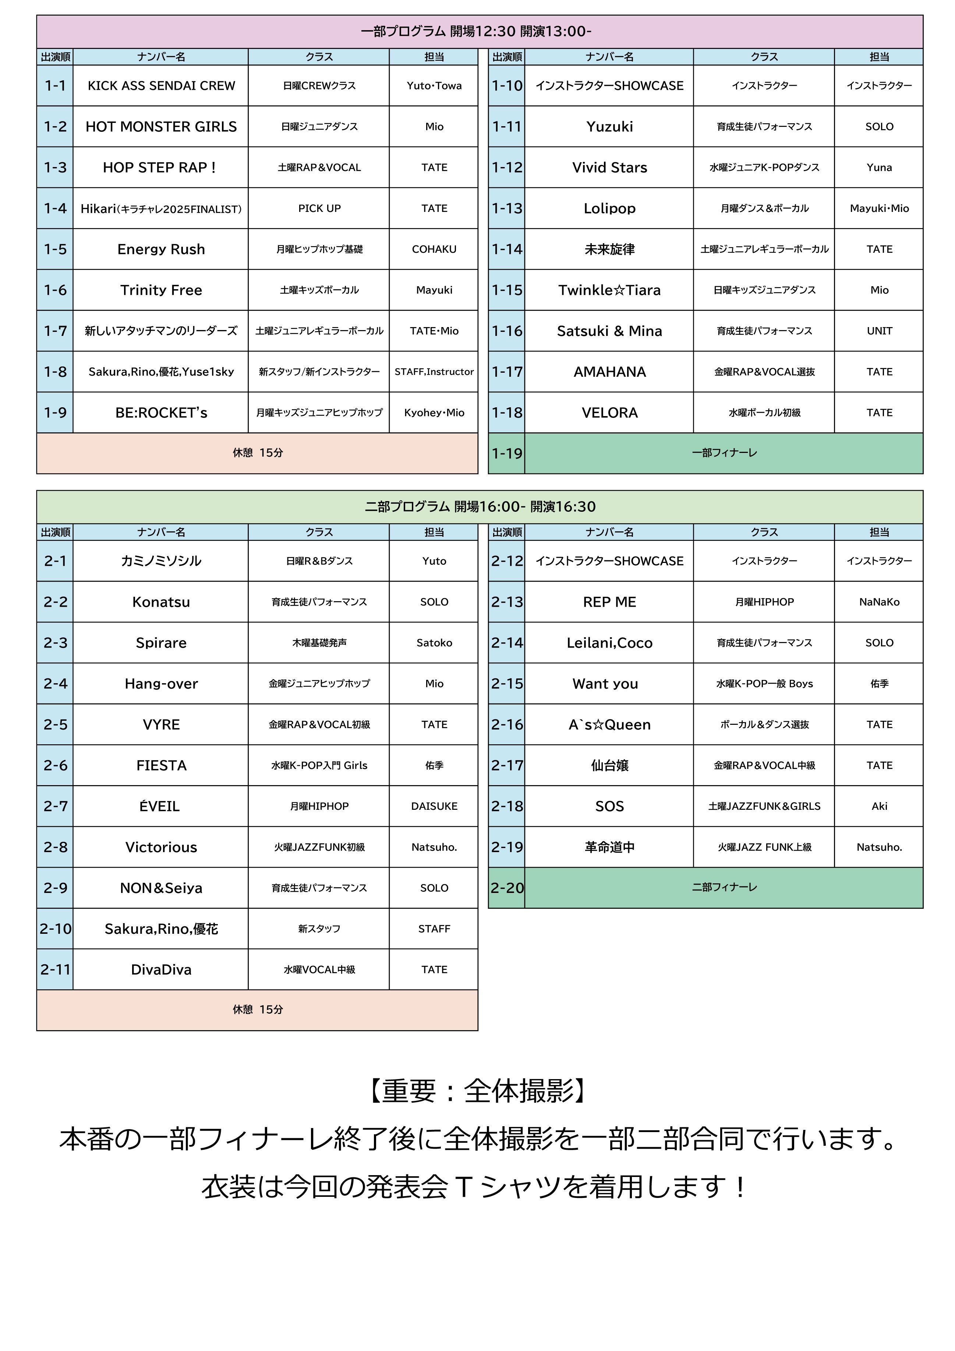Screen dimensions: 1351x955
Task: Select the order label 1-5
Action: [x=55, y=249]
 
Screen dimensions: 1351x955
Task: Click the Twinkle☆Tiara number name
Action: [x=609, y=290]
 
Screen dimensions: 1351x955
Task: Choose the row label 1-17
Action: [x=507, y=372]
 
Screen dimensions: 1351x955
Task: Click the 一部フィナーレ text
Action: [x=724, y=453]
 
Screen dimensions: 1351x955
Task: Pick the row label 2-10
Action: [x=55, y=929]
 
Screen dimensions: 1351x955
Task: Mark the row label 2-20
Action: [x=507, y=888]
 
